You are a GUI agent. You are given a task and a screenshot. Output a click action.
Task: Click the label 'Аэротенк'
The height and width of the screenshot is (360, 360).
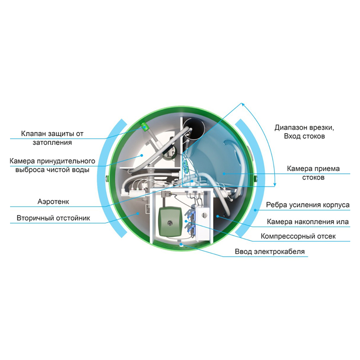point(53,202)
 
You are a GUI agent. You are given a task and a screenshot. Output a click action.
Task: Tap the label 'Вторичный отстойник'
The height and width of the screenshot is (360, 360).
point(53,218)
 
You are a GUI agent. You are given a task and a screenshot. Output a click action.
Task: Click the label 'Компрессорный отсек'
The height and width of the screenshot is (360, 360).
point(298,236)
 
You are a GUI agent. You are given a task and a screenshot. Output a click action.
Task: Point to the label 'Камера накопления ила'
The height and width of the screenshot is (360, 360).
point(308,222)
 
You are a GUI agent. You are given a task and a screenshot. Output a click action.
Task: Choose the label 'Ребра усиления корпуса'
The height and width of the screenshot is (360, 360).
point(308,205)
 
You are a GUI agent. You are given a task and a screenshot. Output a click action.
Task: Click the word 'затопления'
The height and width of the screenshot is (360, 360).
point(52,142)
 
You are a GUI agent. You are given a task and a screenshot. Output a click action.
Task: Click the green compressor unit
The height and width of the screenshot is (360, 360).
point(170,221)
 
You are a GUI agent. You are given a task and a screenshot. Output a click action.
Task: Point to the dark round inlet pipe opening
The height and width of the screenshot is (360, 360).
point(195,129)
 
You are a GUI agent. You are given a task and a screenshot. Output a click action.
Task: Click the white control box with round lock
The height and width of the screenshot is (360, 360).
point(203,222)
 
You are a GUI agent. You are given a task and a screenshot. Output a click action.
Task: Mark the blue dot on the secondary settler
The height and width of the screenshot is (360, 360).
point(138,213)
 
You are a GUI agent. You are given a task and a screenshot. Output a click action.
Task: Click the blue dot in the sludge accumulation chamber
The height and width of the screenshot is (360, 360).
point(218,216)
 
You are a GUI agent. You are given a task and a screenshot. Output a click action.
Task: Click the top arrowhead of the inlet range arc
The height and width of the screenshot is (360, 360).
point(241,103)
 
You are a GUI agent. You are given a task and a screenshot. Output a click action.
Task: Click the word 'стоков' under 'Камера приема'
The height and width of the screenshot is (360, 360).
point(313,178)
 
